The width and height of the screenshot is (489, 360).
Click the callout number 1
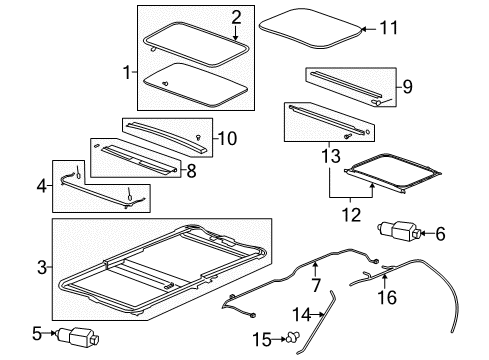[126, 72]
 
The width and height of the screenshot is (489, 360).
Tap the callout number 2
[236, 15]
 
